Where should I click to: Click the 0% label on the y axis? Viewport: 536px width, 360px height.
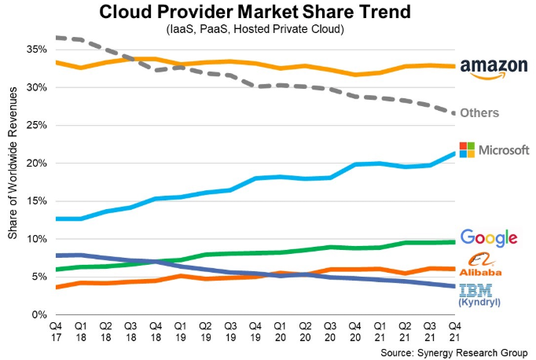tap(37, 315)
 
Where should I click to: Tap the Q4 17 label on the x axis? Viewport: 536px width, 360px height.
tap(56, 330)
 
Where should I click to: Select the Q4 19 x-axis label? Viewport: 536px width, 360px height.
tap(255, 330)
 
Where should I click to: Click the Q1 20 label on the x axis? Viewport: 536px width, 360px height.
tap(279, 330)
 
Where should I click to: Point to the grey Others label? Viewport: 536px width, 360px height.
tap(479, 113)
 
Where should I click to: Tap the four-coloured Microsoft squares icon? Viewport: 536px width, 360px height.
tap(467, 149)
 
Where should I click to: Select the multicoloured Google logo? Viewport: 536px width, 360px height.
tap(489, 237)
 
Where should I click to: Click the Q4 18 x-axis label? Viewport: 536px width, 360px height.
tap(155, 330)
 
